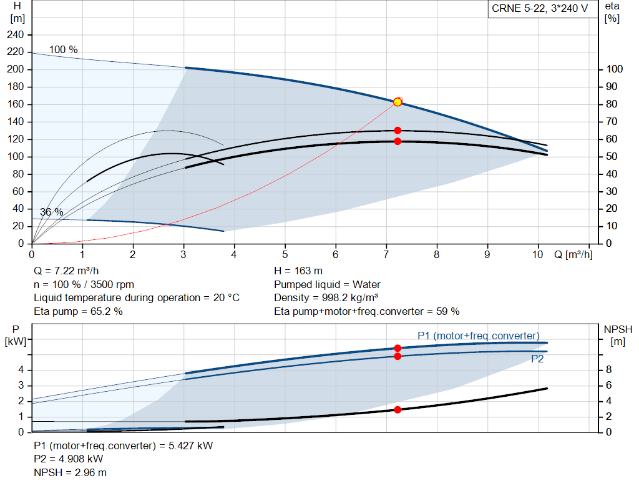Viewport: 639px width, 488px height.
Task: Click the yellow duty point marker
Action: coord(398,102)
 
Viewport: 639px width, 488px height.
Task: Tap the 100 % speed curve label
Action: coord(63,49)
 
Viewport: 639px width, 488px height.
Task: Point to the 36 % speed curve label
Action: coord(51,212)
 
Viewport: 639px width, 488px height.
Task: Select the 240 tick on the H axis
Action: coord(15,35)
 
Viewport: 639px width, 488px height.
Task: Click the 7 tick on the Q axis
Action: coord(386,254)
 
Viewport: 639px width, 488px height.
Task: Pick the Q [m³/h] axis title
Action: coord(573,254)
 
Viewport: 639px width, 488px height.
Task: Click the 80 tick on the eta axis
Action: coord(612,104)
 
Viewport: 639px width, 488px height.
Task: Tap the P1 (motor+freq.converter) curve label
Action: coord(479,336)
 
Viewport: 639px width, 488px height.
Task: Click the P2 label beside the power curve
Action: coord(537,359)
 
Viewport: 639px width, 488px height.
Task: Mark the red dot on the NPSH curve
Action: coord(398,410)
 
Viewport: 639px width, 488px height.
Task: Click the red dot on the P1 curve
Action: coord(398,348)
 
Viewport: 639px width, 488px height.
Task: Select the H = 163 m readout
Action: coord(298,271)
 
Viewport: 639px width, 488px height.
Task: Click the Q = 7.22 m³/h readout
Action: coord(66,271)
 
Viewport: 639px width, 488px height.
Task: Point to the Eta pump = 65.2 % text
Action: coord(78,311)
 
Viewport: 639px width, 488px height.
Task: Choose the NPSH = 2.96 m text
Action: coord(70,472)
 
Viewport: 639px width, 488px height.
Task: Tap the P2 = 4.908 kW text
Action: coord(69,459)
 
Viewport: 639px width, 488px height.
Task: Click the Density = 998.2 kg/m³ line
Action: coord(326,297)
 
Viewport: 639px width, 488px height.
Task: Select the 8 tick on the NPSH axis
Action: coord(608,370)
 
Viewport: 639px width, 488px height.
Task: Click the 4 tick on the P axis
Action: coord(21,370)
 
